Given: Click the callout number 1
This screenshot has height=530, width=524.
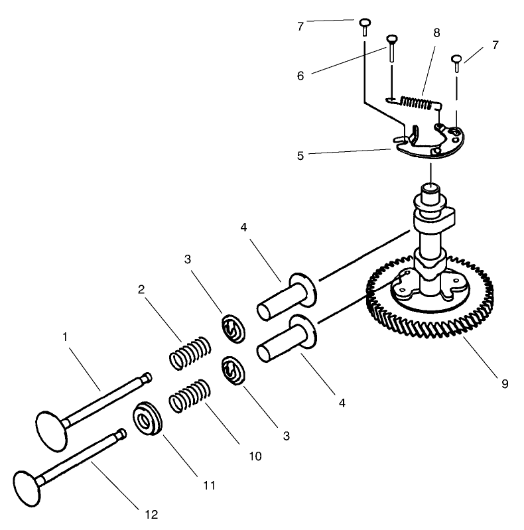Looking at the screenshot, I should click(65, 337).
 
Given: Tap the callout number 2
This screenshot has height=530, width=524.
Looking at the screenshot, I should click(141, 289).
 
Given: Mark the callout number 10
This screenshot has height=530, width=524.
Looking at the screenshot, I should click(255, 456).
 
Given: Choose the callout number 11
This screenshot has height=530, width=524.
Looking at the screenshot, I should click(209, 486).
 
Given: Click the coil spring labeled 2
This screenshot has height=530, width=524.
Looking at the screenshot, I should click(190, 353).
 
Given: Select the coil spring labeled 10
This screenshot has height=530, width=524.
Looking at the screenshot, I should click(189, 396).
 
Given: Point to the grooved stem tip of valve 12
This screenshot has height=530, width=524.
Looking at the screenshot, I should click(120, 434).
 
